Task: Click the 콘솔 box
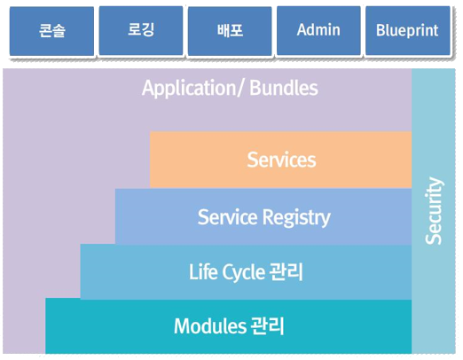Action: click(x=51, y=31)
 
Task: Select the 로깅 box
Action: click(x=141, y=30)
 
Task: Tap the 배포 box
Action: click(x=230, y=31)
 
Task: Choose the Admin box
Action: click(x=318, y=30)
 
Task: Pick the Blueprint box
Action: click(x=408, y=30)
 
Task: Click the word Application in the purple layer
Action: click(x=190, y=89)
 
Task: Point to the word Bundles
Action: click(x=284, y=88)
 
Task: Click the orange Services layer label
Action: click(x=281, y=160)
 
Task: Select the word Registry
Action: click(x=296, y=218)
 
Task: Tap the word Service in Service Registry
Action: click(x=228, y=217)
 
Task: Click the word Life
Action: click(x=202, y=271)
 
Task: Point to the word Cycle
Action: click(x=243, y=272)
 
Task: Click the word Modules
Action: click(x=210, y=326)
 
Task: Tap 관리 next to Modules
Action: click(x=267, y=326)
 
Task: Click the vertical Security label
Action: click(x=434, y=211)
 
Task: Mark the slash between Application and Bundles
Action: click(x=241, y=89)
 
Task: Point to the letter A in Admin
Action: click(x=302, y=30)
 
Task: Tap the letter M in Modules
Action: click(x=182, y=326)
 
